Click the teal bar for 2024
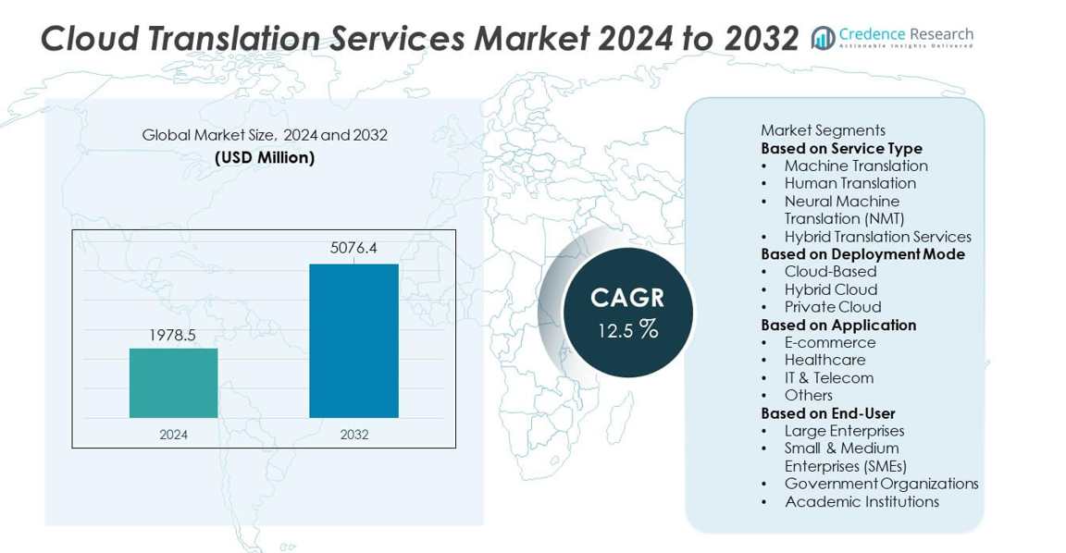pyautogui.click(x=173, y=383)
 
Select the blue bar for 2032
pyautogui.click(x=353, y=340)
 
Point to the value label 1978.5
pyautogui.click(x=173, y=335)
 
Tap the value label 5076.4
pyautogui.click(x=353, y=248)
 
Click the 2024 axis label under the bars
pyautogui.click(x=173, y=434)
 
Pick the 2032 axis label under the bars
pyautogui.click(x=353, y=434)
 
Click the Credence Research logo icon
pyautogui.click(x=823, y=38)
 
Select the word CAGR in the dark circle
pyautogui.click(x=627, y=298)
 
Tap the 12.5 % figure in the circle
pyautogui.click(x=627, y=329)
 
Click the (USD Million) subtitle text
pyautogui.click(x=265, y=157)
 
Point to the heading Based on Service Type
pyautogui.click(x=841, y=148)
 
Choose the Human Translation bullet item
pyautogui.click(x=849, y=183)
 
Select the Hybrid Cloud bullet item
pyautogui.click(x=830, y=289)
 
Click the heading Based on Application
pyautogui.click(x=838, y=325)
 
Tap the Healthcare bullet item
pyautogui.click(x=824, y=360)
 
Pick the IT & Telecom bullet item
pyautogui.click(x=828, y=377)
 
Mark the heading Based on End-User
pyautogui.click(x=827, y=413)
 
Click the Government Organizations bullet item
pyautogui.click(x=881, y=484)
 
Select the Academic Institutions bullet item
pyautogui.click(x=861, y=502)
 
